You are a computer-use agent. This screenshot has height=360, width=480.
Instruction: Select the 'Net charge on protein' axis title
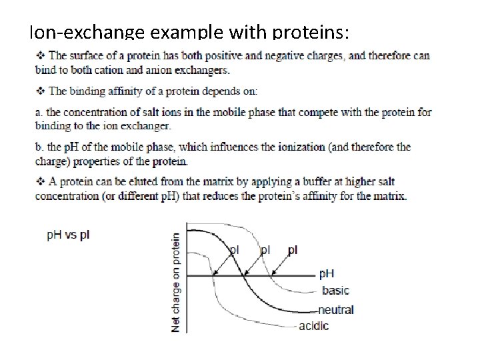coord(177,281)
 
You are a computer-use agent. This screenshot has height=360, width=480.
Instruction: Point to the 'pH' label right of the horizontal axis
coord(327,273)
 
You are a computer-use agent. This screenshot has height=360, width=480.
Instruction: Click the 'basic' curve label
coord(335,290)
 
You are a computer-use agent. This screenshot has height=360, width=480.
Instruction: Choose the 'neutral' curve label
coord(336,309)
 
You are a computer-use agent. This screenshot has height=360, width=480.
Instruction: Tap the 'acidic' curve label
coord(313,326)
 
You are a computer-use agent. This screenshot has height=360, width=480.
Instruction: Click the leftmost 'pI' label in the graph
coord(234,250)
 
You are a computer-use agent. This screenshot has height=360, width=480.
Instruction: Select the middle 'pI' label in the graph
coord(265,250)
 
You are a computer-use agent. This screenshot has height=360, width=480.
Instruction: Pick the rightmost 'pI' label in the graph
coord(293,250)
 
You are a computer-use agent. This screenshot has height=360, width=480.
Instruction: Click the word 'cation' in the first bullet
coord(138,69)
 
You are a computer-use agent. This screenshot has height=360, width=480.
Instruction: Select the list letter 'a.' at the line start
coord(39,113)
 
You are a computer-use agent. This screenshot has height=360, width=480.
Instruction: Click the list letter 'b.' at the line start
coord(39,147)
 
